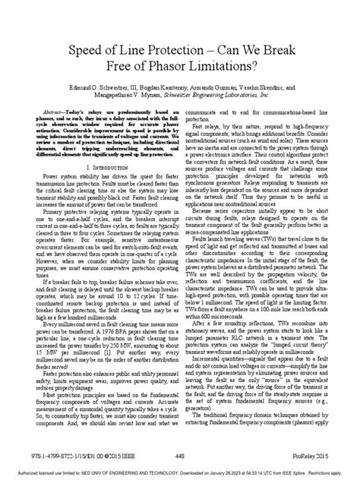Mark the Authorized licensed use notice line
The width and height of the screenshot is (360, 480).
180,472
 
